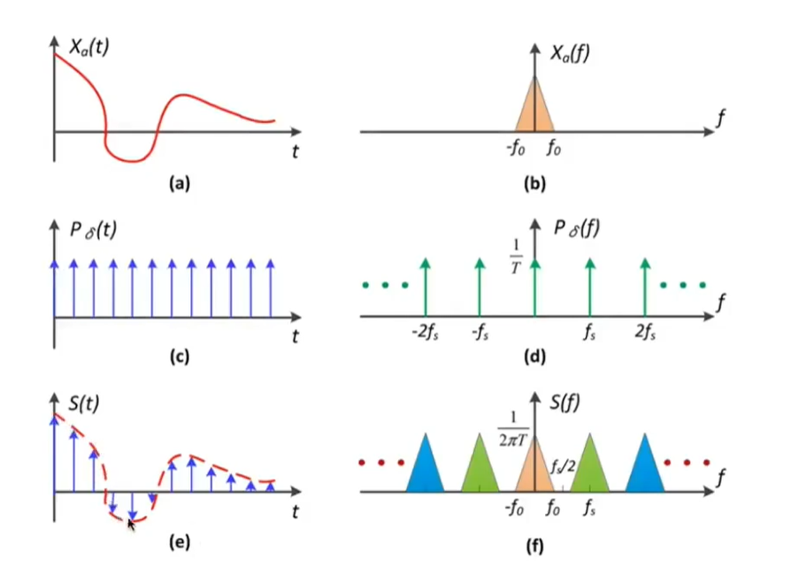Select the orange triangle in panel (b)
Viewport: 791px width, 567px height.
click(534, 111)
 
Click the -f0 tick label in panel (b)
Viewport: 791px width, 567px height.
click(514, 149)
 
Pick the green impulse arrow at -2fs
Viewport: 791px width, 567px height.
click(426, 287)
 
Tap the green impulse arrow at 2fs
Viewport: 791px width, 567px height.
click(645, 287)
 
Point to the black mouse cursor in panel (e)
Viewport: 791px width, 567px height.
click(132, 525)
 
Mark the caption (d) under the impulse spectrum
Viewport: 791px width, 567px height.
click(534, 358)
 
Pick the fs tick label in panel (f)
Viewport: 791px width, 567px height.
click(589, 510)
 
